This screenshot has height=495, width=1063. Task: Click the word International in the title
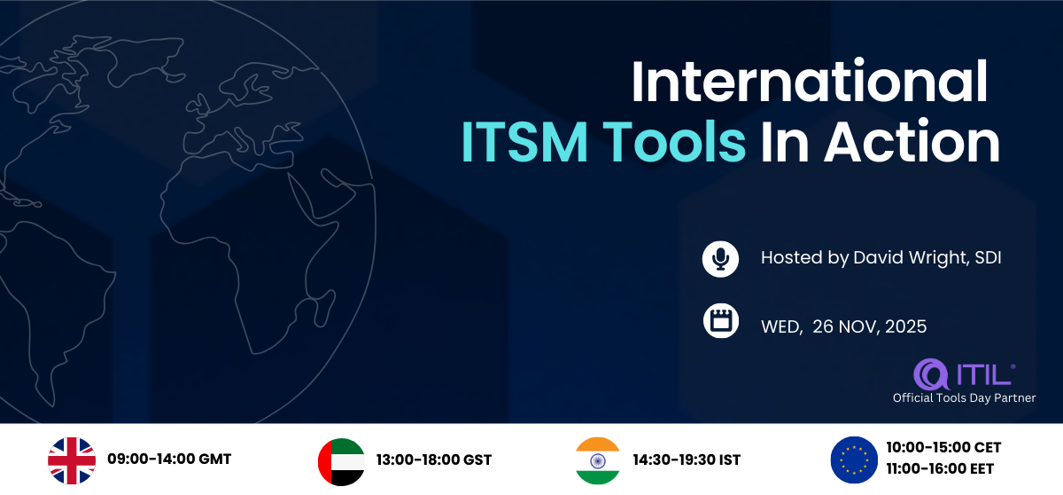[x=810, y=82]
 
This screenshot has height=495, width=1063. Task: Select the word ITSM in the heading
[x=524, y=142]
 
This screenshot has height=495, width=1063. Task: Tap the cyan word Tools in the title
[x=674, y=142]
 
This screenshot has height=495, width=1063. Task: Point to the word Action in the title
[x=912, y=142]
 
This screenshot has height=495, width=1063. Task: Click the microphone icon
[x=720, y=259]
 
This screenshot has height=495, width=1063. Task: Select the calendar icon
[x=721, y=320]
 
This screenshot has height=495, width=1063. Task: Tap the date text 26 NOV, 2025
[x=869, y=326]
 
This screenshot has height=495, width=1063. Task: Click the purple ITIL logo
[x=964, y=373]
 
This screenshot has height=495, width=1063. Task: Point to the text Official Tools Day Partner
[x=964, y=398]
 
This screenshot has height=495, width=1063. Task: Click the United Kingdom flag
[x=72, y=460]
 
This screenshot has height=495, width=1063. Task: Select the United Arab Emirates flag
[x=341, y=462]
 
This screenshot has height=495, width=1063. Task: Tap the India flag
[x=597, y=460]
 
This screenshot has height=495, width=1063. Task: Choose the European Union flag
[x=854, y=460]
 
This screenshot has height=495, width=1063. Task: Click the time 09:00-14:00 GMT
[x=169, y=459]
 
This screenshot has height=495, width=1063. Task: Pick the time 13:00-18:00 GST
[x=434, y=460]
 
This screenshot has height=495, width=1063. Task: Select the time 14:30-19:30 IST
[x=687, y=460]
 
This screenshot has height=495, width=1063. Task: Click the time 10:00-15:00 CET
[x=943, y=447]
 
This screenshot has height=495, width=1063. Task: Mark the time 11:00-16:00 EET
[x=940, y=469]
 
